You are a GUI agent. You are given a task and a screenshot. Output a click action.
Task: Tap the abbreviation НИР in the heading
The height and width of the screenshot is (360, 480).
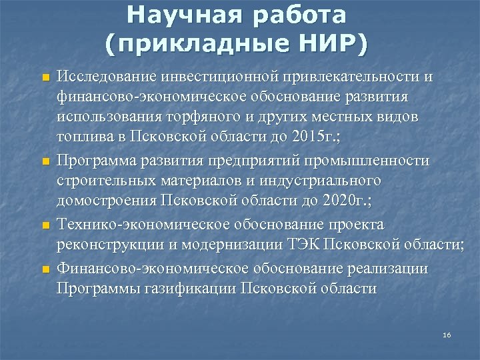[329, 43]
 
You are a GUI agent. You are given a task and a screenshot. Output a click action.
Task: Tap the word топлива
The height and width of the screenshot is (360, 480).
[84, 139]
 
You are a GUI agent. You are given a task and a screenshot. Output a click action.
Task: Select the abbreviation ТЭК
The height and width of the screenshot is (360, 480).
[303, 246]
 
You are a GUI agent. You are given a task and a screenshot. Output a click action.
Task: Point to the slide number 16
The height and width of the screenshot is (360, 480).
[447, 334]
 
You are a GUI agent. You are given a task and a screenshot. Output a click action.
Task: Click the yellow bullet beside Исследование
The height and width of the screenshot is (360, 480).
[45, 77]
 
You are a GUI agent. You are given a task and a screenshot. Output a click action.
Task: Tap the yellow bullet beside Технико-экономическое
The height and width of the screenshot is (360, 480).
[45, 226]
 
